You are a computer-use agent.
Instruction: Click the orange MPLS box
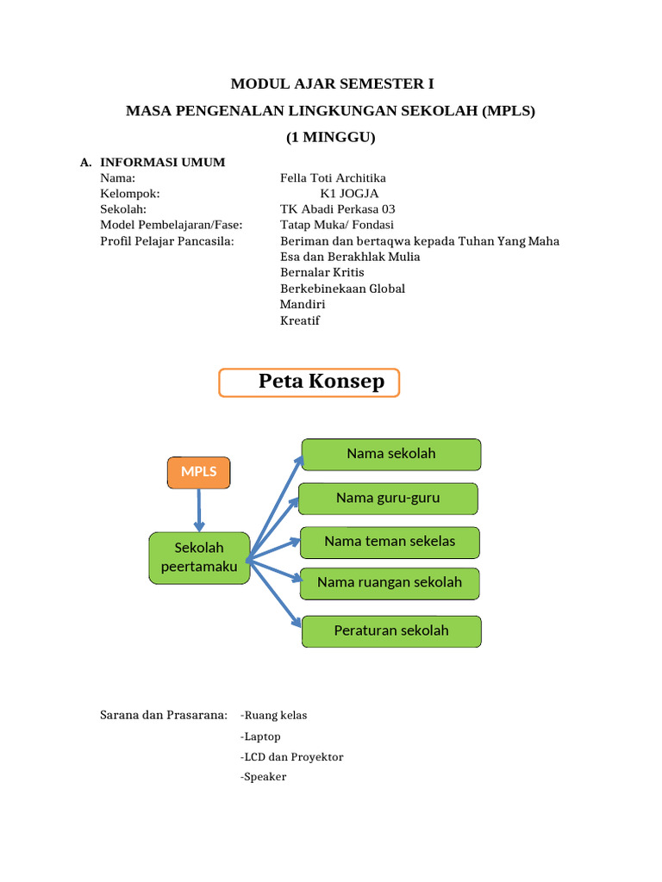(x=198, y=471)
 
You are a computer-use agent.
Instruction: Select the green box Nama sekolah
(x=391, y=454)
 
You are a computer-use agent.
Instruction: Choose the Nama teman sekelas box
(x=390, y=542)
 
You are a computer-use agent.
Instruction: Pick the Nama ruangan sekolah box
(x=390, y=583)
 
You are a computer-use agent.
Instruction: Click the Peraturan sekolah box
(x=391, y=630)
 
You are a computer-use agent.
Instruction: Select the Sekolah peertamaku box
(x=199, y=557)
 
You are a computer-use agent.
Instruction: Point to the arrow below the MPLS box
(x=199, y=510)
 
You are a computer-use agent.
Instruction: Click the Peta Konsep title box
(x=309, y=382)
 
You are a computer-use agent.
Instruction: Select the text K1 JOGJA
(x=349, y=194)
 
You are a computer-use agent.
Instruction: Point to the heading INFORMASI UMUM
(x=163, y=162)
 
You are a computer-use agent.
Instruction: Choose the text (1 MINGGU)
(x=331, y=137)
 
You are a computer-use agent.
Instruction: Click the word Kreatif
(x=300, y=320)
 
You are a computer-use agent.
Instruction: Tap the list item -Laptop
(x=261, y=736)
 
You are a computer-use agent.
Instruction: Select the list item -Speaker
(x=264, y=777)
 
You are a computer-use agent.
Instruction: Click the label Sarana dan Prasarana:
(x=164, y=715)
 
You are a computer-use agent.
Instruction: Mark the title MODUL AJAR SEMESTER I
(x=332, y=84)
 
